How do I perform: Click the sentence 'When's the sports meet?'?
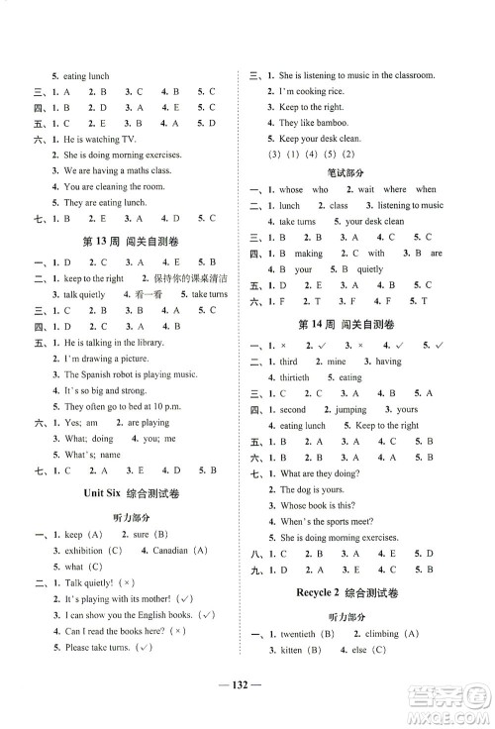[331, 522]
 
